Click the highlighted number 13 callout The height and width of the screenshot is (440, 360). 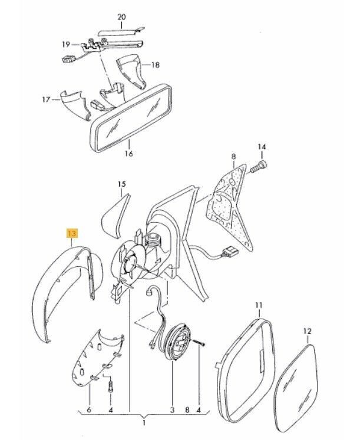point(71,233)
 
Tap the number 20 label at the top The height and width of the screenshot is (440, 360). point(121,17)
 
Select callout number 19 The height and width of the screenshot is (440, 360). point(65,44)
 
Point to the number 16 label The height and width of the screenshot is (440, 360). point(129,154)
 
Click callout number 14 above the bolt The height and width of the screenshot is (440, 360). point(262,147)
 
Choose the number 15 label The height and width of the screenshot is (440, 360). point(122,184)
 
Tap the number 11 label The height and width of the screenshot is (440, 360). point(259,305)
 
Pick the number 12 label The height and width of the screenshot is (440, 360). point(308,331)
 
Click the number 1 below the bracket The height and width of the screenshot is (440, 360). point(144,422)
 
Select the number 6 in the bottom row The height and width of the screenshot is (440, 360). point(89,410)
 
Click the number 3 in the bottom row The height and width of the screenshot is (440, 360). point(172,410)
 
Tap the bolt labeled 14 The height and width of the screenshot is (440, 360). point(258,167)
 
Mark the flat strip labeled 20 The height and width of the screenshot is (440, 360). point(121,31)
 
